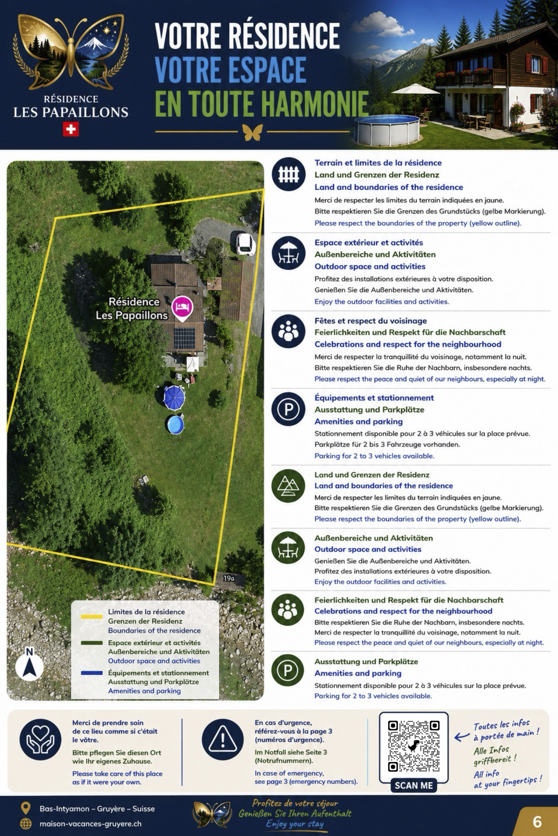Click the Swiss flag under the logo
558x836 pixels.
[x=71, y=129]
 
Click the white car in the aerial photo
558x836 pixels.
[x=245, y=244]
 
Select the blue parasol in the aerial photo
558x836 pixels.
[x=174, y=397]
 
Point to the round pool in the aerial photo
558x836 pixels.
[x=175, y=425]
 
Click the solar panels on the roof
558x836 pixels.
[x=184, y=339]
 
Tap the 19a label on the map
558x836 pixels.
[x=229, y=579]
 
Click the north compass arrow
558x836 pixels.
[x=29, y=667]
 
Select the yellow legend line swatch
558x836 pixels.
[x=92, y=617]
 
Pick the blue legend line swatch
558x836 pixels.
[x=92, y=673]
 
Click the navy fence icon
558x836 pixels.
[x=289, y=174]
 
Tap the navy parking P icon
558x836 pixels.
[x=288, y=410]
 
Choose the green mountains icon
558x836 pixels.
[x=288, y=486]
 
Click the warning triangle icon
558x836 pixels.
[x=223, y=740]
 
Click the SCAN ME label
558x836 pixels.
[x=414, y=785]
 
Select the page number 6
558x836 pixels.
[x=537, y=822]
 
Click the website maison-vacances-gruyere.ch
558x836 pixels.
[x=91, y=824]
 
